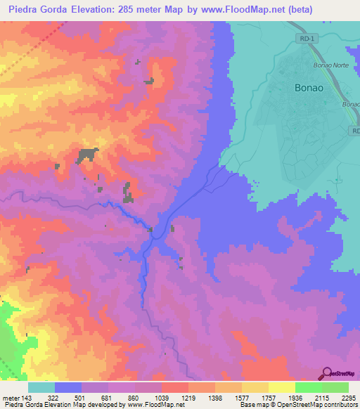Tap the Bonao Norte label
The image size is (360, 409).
[x=326, y=65]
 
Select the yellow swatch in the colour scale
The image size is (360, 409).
[x=281, y=387]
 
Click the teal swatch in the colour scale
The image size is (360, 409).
[x=41, y=387]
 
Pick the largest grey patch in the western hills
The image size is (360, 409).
[x=88, y=155]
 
